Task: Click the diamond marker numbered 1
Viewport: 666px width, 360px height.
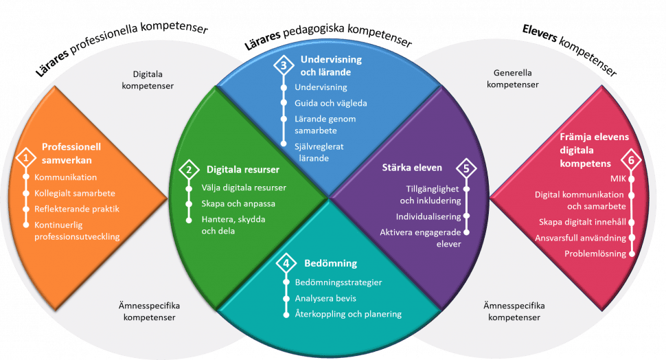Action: pos(26,158)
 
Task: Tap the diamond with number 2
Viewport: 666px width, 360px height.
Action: pos(189,170)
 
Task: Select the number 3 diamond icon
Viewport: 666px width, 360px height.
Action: pos(284,66)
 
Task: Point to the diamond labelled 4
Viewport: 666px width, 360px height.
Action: pos(286,264)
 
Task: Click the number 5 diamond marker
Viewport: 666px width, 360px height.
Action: pos(466,168)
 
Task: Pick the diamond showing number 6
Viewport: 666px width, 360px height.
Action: pos(631,160)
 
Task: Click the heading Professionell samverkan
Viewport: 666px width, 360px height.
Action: pos(71,153)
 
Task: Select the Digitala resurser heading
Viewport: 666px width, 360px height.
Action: pos(243,170)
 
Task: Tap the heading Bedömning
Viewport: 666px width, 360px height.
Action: pos(330,264)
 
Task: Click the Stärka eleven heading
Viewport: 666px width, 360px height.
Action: pos(412,168)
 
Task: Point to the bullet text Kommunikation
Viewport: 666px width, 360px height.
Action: pos(65,177)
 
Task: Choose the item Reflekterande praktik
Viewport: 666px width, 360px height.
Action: pos(77,209)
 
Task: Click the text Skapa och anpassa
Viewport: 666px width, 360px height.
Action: pos(238,203)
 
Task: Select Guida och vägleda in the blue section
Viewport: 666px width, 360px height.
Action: pos(331,103)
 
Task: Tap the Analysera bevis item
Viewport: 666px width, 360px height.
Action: pos(325,298)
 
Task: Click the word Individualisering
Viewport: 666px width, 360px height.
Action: pos(428,217)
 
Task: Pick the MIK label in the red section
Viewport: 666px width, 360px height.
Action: pos(618,179)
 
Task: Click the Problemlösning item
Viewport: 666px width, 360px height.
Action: pos(595,254)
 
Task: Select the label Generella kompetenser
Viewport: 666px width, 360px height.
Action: pos(513,78)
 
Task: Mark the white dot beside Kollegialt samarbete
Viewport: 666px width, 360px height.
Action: pos(26,193)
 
